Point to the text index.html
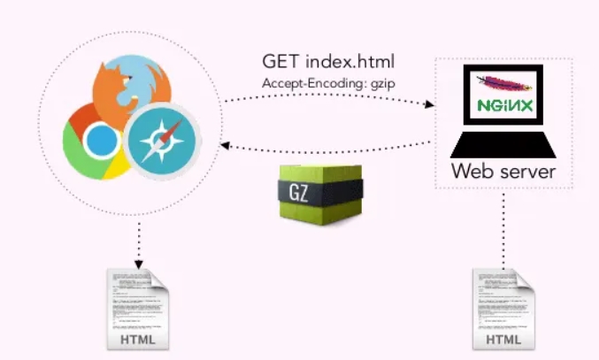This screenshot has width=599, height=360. coord(350,62)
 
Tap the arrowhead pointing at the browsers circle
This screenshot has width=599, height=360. coord(225,148)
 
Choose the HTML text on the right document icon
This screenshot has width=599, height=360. coord(502,340)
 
